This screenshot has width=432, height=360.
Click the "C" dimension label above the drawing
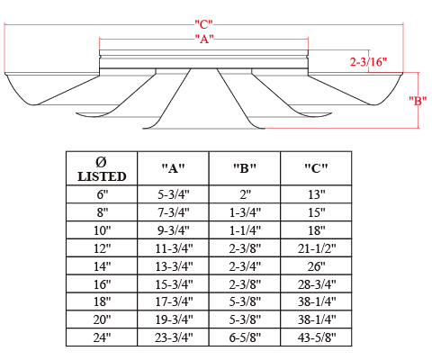[203, 24]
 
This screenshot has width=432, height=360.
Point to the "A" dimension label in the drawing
[204, 39]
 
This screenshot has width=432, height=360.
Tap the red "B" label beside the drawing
[418, 101]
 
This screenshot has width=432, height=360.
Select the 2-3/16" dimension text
[368, 62]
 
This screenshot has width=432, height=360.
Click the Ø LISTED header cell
[102, 169]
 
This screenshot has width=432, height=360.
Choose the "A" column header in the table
[173, 168]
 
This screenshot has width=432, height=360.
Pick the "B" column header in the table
[245, 168]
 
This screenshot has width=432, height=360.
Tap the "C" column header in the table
[316, 168]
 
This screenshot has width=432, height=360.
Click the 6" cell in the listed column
[102, 194]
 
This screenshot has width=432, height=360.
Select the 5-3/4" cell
[174, 194]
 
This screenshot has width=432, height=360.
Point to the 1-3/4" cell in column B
[245, 212]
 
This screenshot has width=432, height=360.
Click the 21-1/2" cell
[317, 248]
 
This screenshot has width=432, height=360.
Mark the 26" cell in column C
[317, 266]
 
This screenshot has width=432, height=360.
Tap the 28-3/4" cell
[317, 284]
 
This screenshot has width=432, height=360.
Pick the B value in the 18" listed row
[245, 301]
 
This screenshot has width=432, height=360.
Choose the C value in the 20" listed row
[317, 319]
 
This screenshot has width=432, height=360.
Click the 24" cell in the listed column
[102, 337]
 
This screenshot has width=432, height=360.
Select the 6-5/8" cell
[245, 337]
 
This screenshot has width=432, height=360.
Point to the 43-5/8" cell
[317, 337]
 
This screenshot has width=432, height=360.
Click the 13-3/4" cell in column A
[174, 266]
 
